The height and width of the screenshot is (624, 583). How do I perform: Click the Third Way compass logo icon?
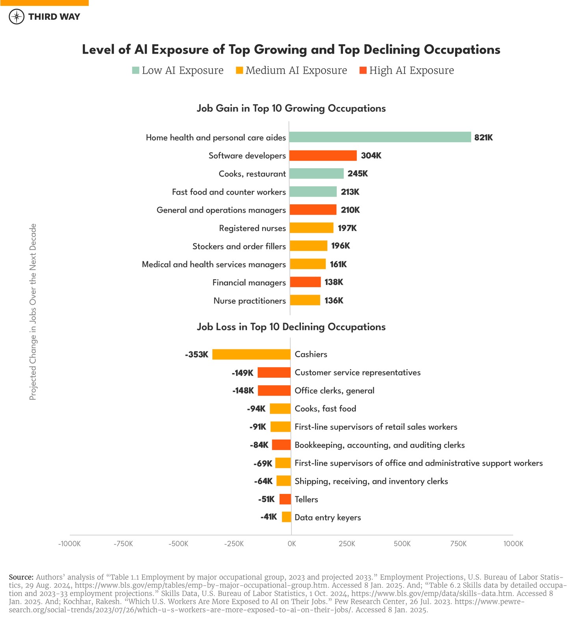pyautogui.click(x=17, y=17)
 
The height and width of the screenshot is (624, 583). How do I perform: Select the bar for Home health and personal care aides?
pyautogui.click(x=380, y=137)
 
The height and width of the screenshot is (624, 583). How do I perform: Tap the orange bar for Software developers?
pyautogui.click(x=323, y=156)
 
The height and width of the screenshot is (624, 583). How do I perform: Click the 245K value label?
pyautogui.click(x=358, y=174)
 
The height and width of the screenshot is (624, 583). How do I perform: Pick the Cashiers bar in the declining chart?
pyautogui.click(x=251, y=354)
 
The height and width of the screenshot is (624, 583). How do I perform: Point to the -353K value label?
pyautogui.click(x=197, y=355)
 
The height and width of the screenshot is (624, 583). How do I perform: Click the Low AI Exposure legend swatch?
pyautogui.click(x=136, y=71)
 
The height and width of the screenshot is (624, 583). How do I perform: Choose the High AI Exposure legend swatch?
pyautogui.click(x=363, y=71)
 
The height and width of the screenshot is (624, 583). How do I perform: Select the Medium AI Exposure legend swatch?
pyautogui.click(x=240, y=71)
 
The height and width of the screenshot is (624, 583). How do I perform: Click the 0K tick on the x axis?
pyautogui.click(x=291, y=544)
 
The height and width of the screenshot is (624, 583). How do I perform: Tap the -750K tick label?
pyautogui.click(x=123, y=544)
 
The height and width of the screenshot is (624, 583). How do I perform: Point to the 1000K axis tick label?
pyautogui.click(x=513, y=544)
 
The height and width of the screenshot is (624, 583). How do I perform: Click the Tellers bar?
pyautogui.click(x=285, y=499)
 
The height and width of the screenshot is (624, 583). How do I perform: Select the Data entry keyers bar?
pyautogui.click(x=286, y=517)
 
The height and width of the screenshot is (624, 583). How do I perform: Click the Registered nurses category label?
pyautogui.click(x=253, y=228)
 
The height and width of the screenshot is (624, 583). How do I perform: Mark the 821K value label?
pyautogui.click(x=483, y=137)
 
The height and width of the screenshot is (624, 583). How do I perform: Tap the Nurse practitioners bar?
pyautogui.click(x=305, y=300)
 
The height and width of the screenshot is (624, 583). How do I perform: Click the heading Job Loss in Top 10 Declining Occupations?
pyautogui.click(x=291, y=327)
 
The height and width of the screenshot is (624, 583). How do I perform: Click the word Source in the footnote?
pyautogui.click(x=21, y=577)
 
